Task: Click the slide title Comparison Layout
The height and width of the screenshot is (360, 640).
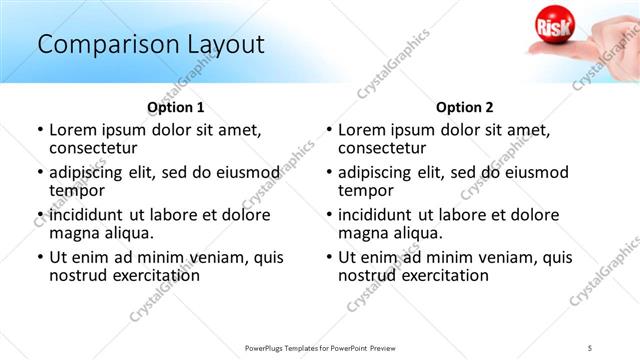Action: [150, 44]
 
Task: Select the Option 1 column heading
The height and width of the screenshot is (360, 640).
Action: [176, 107]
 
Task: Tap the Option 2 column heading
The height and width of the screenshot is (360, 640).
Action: [465, 107]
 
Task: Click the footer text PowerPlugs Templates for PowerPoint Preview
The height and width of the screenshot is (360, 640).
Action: [320, 346]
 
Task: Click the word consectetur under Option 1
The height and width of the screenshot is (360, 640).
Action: [97, 148]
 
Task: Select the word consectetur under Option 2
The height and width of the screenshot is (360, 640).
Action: [386, 148]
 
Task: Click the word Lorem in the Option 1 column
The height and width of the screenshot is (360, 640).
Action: [73, 130]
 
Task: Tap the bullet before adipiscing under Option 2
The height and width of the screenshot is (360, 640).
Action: [329, 173]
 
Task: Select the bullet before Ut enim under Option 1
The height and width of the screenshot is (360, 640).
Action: [40, 257]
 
